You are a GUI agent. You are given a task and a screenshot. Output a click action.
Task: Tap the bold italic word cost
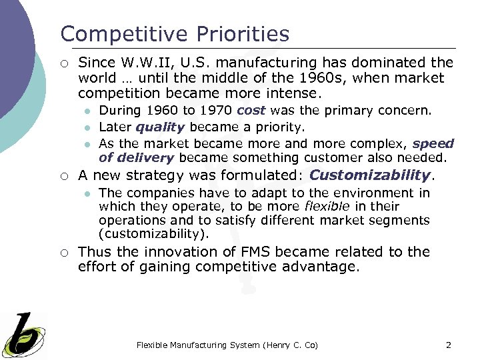coord(251,110)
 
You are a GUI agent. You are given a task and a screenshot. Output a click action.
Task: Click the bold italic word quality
coord(159,127)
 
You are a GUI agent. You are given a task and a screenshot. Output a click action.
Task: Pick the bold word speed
coord(433,143)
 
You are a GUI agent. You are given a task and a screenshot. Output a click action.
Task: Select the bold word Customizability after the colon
coord(371,175)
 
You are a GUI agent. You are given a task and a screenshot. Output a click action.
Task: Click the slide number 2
coord(448,345)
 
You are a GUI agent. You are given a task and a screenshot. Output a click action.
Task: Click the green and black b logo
coord(24,335)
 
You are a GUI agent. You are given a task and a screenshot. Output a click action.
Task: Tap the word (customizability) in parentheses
coord(153,234)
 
